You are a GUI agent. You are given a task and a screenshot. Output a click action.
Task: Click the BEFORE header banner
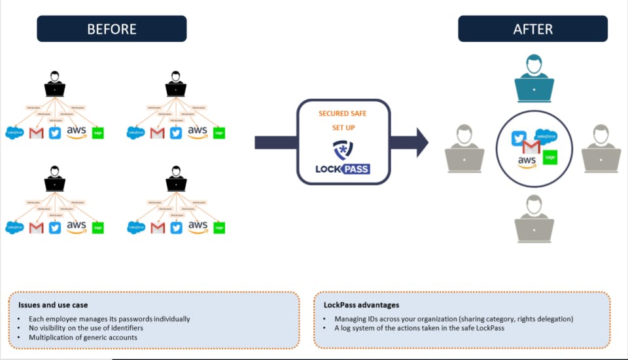coord(112,29)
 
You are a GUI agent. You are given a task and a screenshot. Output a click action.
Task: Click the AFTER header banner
coord(532,29)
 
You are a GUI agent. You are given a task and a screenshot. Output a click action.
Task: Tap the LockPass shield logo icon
coord(342,149)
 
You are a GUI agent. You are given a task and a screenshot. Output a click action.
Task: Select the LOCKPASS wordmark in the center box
coord(342,168)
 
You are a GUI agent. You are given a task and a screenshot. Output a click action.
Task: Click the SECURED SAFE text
coord(342,113)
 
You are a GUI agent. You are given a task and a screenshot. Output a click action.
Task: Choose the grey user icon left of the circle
coord(464,149)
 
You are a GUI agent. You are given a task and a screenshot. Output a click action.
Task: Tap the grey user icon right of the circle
coord(601,149)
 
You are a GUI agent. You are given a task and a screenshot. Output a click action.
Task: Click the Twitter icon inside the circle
coord(519,138)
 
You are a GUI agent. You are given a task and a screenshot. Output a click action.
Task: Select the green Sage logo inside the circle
coord(550,158)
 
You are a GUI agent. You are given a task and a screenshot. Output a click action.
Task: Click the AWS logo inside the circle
coord(527,161)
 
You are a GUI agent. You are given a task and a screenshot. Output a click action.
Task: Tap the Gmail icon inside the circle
coord(532,147)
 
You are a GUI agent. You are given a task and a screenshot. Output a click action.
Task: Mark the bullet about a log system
coord(419,328)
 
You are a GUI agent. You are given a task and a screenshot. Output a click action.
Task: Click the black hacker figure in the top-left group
coord(54,86)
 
